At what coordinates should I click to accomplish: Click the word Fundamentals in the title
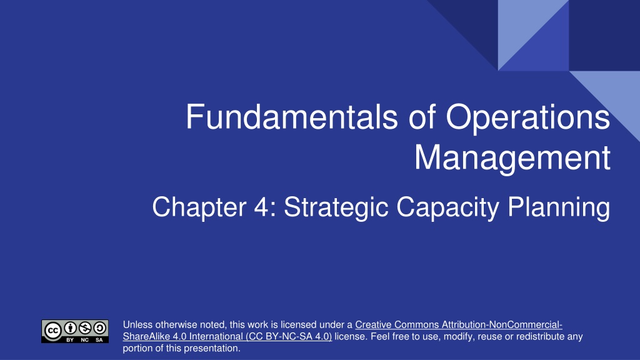(292, 117)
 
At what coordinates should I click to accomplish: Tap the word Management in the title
(512, 158)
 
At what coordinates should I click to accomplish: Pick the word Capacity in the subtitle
(447, 207)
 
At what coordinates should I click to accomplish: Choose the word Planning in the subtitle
(559, 207)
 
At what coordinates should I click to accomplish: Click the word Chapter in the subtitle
(199, 207)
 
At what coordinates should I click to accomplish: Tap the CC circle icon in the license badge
(52, 331)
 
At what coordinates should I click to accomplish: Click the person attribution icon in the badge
(71, 327)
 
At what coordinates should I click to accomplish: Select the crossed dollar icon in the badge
(85, 327)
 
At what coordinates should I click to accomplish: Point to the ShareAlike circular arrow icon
(99, 327)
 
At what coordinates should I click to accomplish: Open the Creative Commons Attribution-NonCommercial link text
(459, 325)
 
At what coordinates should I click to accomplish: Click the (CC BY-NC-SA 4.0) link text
(289, 337)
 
